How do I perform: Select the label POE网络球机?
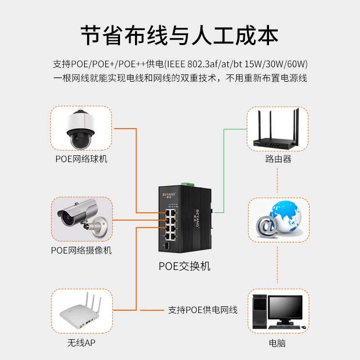point(81,159)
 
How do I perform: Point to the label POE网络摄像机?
point(81,250)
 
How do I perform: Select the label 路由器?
point(278,159)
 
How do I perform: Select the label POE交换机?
point(184,266)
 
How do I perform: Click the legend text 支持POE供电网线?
point(203,310)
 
